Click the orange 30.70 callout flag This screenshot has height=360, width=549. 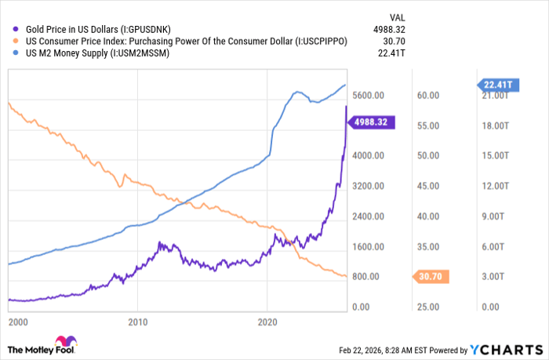[431, 276]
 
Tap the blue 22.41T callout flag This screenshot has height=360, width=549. [496, 85]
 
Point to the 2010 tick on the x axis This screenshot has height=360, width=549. [138, 322]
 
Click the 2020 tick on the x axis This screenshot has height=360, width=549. [268, 322]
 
